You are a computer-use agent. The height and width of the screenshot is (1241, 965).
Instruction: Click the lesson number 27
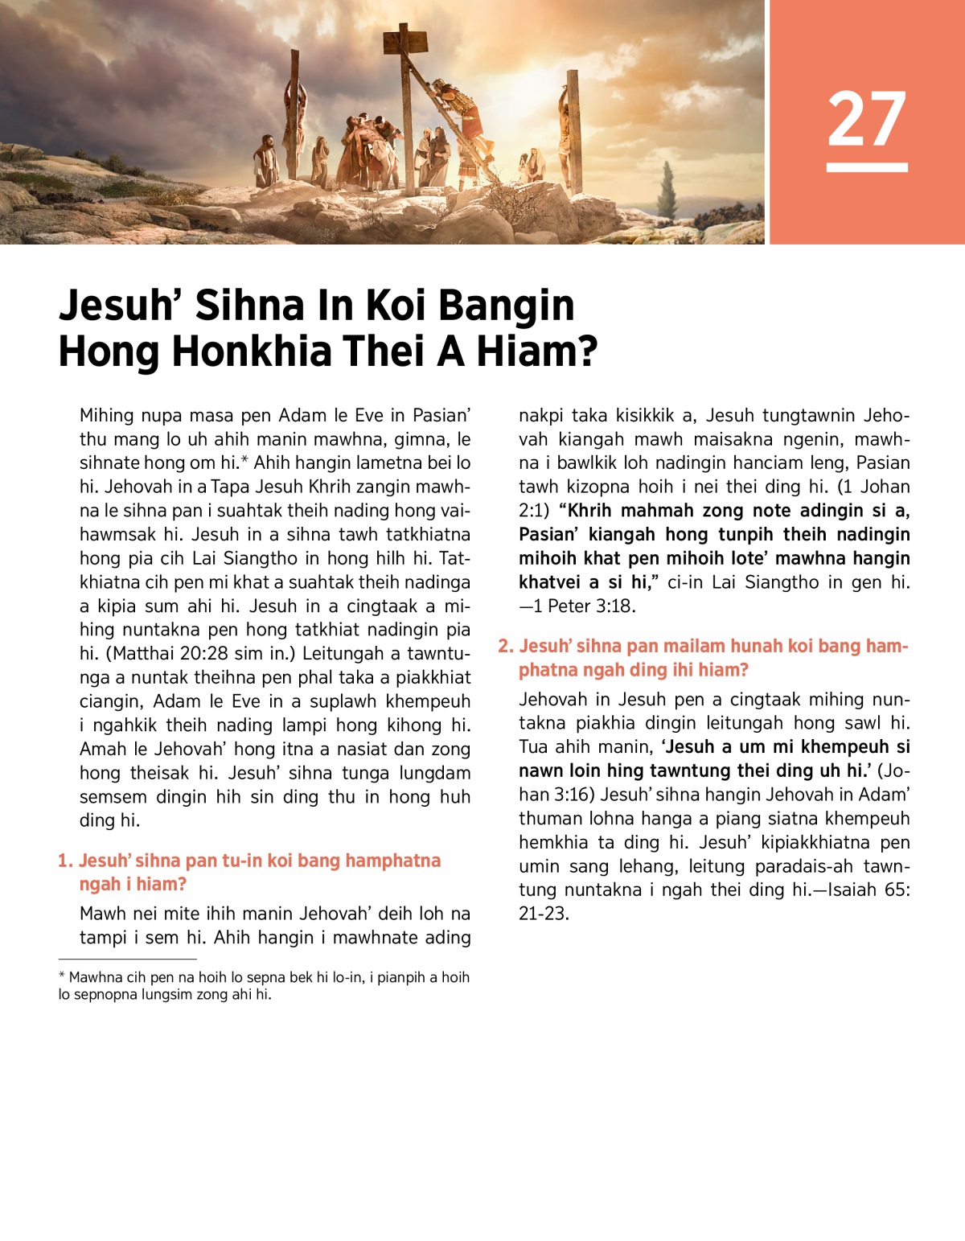[x=867, y=118]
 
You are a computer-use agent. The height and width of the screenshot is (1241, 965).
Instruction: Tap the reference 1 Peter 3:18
[x=585, y=606]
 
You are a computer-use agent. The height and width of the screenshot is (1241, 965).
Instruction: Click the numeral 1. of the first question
[x=65, y=861]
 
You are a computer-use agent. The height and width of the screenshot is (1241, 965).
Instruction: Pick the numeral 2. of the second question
[x=506, y=646]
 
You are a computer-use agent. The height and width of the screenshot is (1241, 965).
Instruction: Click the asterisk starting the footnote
[x=62, y=976]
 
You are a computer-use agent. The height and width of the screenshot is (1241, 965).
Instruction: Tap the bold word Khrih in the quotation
[x=591, y=511]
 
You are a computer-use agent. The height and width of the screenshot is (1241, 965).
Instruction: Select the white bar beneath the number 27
[x=867, y=167]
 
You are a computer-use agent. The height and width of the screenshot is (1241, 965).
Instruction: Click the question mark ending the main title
[x=587, y=351]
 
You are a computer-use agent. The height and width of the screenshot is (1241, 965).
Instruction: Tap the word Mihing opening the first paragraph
[x=106, y=416]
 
